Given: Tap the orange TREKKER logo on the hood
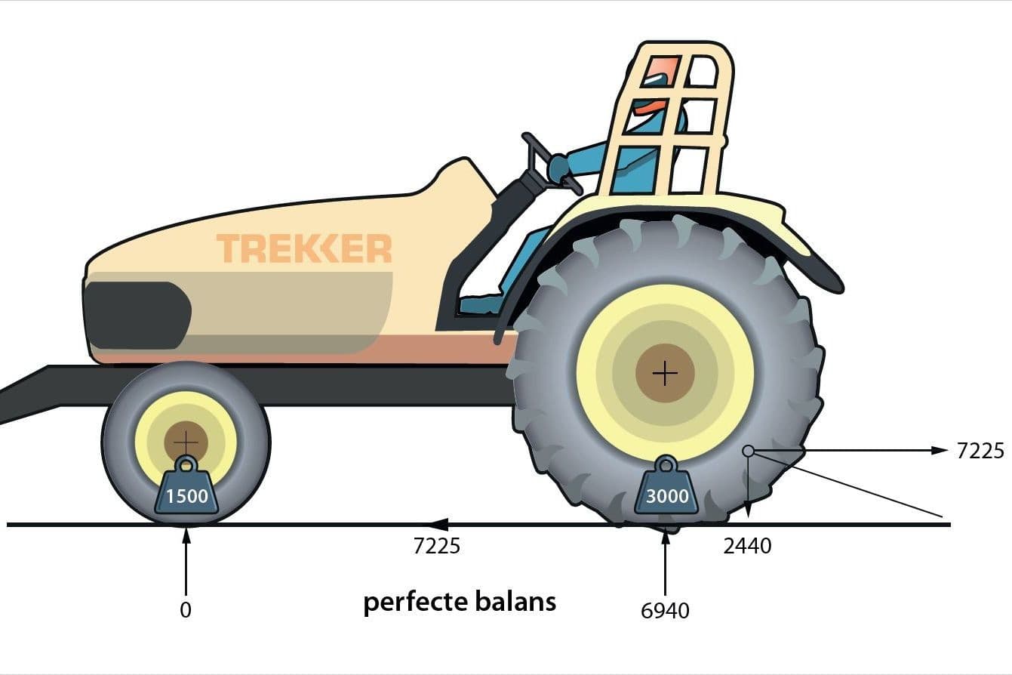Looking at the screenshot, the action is point(304,248).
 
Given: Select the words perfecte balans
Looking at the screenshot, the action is point(460,603).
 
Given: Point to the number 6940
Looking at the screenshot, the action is point(665,611).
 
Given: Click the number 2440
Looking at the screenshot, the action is point(747,546).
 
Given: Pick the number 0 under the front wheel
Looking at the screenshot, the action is point(186,610).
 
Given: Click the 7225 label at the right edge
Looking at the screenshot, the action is point(980,451).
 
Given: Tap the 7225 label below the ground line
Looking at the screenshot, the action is point(436,546).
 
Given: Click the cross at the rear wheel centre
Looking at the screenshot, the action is point(665,374).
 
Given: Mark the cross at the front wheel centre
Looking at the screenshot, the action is point(186,442).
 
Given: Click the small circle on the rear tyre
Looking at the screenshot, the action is point(749,451).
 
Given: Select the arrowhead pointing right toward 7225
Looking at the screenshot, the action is point(940,450).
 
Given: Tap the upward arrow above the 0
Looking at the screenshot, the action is point(186,562).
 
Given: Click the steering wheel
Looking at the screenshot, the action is point(551,163).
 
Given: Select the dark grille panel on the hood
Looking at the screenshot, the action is point(137,315).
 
